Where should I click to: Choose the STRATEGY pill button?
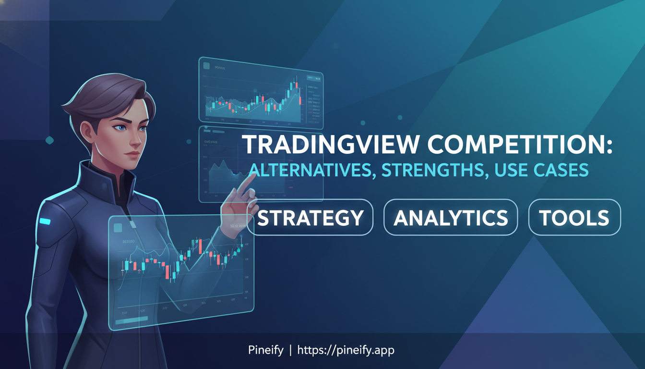310,218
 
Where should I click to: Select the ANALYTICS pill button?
451,218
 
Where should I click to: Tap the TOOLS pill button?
574,218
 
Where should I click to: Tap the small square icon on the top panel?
207,66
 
